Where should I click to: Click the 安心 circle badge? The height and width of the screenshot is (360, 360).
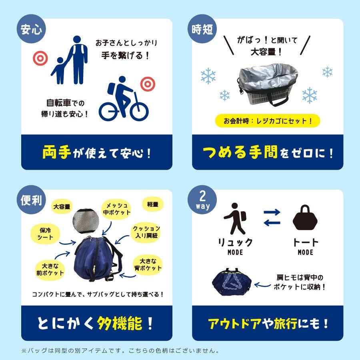[31, 29]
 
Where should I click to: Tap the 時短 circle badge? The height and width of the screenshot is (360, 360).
[202, 29]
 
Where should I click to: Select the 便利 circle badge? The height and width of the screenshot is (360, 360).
[31, 200]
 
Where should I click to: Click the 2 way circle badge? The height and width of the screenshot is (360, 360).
[202, 200]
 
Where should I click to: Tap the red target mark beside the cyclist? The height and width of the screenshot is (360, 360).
[148, 84]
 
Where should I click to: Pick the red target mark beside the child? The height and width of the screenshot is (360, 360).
[40, 58]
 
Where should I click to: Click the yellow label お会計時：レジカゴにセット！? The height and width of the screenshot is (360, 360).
[268, 121]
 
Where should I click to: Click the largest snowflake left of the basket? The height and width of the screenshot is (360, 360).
[208, 76]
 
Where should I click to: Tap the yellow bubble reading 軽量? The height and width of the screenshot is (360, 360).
[153, 204]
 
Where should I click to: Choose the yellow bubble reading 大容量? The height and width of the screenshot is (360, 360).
[62, 207]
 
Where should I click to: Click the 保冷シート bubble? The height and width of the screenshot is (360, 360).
[45, 234]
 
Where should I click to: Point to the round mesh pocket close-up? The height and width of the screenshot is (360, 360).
[86, 221]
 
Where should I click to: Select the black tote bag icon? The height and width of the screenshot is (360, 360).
[305, 218]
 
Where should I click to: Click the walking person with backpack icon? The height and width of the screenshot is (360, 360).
[235, 218]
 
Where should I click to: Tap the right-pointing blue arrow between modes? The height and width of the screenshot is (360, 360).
[272, 212]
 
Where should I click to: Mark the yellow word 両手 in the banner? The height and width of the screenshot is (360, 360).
[56, 152]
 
